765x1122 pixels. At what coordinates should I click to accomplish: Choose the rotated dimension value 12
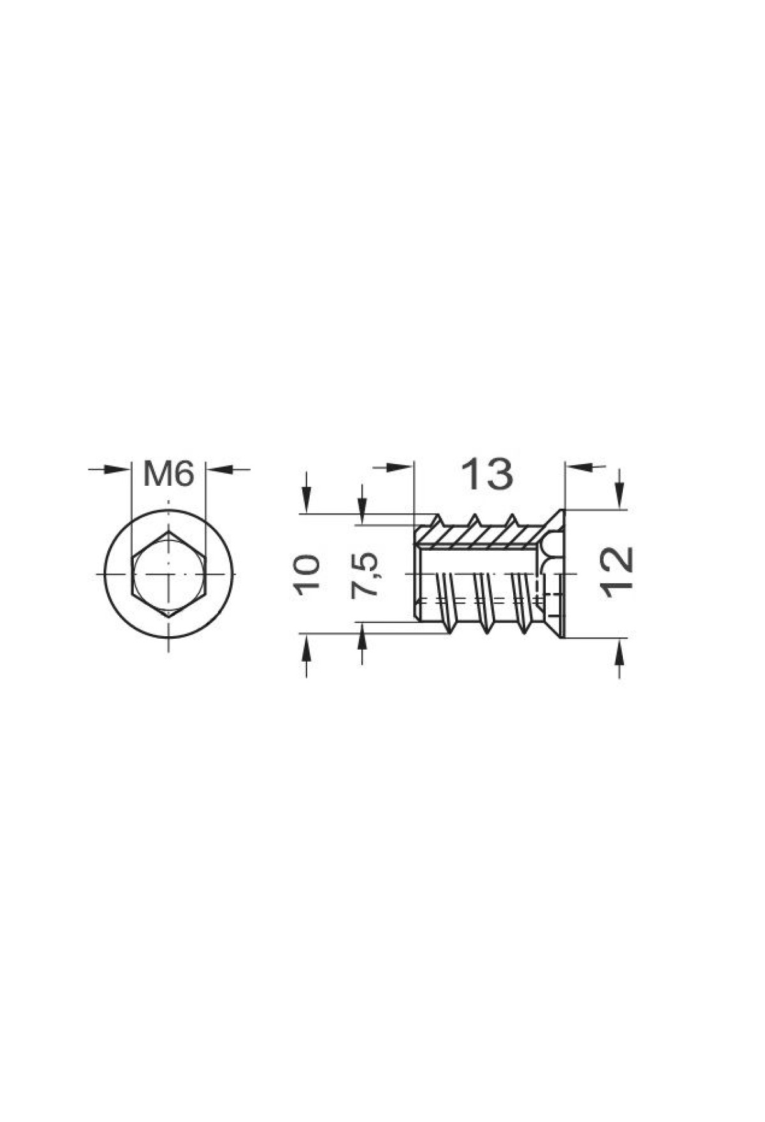617,572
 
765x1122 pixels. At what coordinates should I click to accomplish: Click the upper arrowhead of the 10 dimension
307,501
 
